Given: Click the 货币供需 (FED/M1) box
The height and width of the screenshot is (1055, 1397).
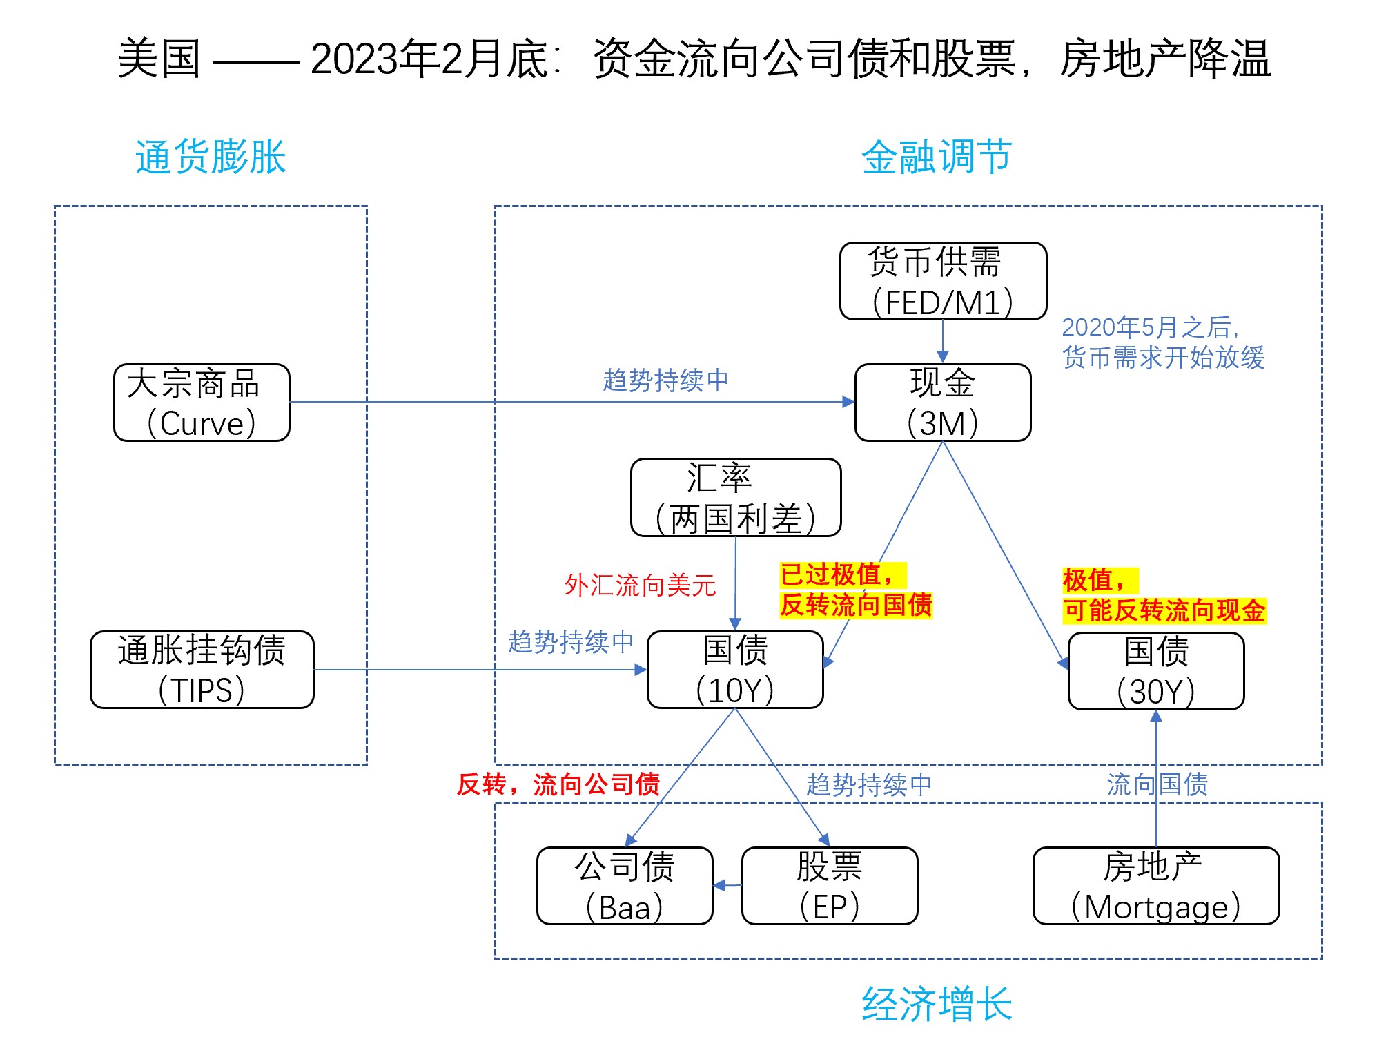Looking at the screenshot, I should pyautogui.click(x=943, y=281).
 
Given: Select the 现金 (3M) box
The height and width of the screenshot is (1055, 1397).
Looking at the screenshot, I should pyautogui.click(x=943, y=403).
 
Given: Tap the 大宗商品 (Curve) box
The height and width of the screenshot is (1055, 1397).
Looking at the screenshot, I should pyautogui.click(x=202, y=403).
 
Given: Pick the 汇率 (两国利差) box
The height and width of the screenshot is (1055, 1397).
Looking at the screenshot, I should pyautogui.click(x=736, y=498).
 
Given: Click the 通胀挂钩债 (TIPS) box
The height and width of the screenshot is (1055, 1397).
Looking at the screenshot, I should pyautogui.click(x=202, y=670).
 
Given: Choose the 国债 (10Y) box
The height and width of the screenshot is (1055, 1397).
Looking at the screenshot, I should pyautogui.click(x=735, y=670).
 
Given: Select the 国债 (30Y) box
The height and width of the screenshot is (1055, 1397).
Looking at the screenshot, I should pyautogui.click(x=1156, y=671).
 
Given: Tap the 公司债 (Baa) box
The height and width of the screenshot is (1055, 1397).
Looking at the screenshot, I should pyautogui.click(x=625, y=886).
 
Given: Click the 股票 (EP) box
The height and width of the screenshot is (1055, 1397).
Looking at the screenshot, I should pyautogui.click(x=830, y=886).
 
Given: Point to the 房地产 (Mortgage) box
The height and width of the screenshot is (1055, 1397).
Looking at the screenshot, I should pyautogui.click(x=1156, y=886).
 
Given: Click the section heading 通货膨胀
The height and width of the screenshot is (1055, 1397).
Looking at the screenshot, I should pyautogui.click(x=211, y=157).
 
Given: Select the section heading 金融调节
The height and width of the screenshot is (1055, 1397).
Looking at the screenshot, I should pyautogui.click(x=937, y=157).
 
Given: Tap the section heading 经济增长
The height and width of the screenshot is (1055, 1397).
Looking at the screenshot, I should pyautogui.click(x=937, y=1004).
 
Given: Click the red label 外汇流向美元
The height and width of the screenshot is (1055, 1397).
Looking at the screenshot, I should pyautogui.click(x=641, y=585).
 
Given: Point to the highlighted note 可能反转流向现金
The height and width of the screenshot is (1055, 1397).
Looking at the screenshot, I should pyautogui.click(x=1164, y=610).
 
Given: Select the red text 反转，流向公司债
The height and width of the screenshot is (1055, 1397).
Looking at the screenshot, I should pyautogui.click(x=558, y=784).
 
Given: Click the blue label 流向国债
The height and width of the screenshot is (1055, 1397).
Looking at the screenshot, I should pyautogui.click(x=1157, y=784).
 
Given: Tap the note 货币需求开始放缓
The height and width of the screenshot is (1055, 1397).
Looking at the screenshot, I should pyautogui.click(x=1164, y=358).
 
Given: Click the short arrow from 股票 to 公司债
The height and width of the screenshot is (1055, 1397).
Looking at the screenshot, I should pyautogui.click(x=727, y=886).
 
